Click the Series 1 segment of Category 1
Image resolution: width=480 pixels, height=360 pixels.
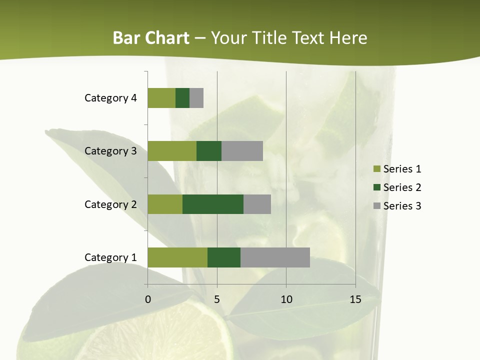pyautogui.click(x=177, y=257)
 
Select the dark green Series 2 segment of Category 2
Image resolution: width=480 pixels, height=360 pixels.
pyautogui.click(x=213, y=204)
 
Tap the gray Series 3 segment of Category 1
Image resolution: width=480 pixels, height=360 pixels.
pyautogui.click(x=275, y=257)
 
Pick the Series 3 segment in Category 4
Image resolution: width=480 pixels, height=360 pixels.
pyautogui.click(x=196, y=98)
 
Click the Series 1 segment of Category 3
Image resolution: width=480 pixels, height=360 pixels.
pyautogui.click(x=172, y=151)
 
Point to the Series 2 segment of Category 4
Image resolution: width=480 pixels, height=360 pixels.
pyautogui.click(x=182, y=98)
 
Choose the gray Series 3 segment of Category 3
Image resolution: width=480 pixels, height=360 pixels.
pyautogui.click(x=242, y=151)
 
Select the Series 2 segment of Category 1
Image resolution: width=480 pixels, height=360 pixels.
pyautogui.click(x=224, y=257)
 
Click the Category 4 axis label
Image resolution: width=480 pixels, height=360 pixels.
pyautogui.click(x=110, y=98)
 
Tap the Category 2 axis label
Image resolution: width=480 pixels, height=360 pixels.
pyautogui.click(x=110, y=204)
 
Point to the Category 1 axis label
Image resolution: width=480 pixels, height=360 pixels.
pyautogui.click(x=110, y=257)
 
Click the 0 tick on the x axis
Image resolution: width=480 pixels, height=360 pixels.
pyautogui.click(x=148, y=299)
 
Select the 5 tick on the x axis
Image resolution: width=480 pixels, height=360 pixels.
pyautogui.click(x=217, y=299)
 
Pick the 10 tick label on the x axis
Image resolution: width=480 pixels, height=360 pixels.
pyautogui.click(x=286, y=299)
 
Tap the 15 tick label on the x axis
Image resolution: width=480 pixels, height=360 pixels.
pyautogui.click(x=355, y=299)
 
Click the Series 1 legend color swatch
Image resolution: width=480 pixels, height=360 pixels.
pyautogui.click(x=376, y=169)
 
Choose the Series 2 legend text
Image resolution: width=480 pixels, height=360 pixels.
pyautogui.click(x=402, y=187)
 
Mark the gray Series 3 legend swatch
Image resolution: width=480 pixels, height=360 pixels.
pyautogui.click(x=376, y=206)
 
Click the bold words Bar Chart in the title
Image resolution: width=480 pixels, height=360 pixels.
pyautogui.click(x=151, y=38)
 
